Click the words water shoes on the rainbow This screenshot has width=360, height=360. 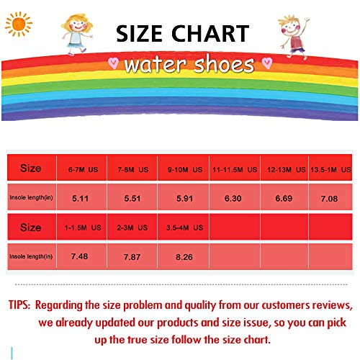(x=189, y=64)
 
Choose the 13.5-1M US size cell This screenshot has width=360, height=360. (x=333, y=171)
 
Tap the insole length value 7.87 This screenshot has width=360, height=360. (x=132, y=256)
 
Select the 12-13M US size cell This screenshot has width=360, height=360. (x=284, y=171)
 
